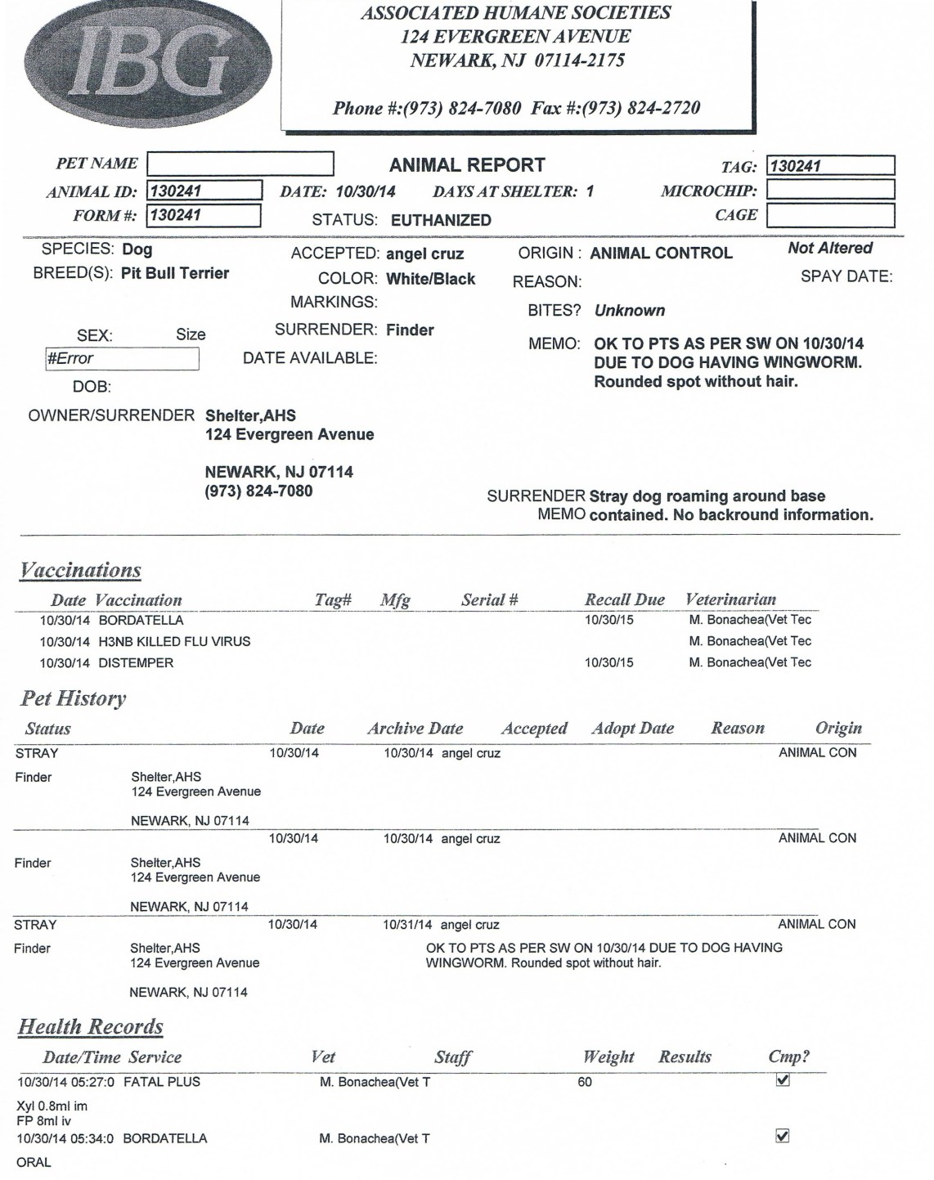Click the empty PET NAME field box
click(x=240, y=164)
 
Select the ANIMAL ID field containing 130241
click(x=204, y=191)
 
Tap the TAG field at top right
click(x=829, y=166)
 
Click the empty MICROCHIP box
click(x=829, y=191)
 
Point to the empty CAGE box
click(x=829, y=216)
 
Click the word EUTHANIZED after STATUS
click(x=441, y=220)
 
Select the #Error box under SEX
click(x=122, y=359)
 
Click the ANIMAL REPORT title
click(x=467, y=165)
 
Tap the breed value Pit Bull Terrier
click(x=175, y=273)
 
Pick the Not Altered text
click(x=829, y=249)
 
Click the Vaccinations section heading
click(x=80, y=571)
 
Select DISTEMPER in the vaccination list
click(x=136, y=663)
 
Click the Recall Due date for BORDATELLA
click(x=608, y=621)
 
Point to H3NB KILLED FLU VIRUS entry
click(x=174, y=642)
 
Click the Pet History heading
click(x=74, y=699)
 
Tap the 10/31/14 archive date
click(x=407, y=925)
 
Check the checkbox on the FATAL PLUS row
click(x=782, y=1080)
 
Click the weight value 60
click(x=585, y=1083)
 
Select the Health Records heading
click(x=91, y=1027)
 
